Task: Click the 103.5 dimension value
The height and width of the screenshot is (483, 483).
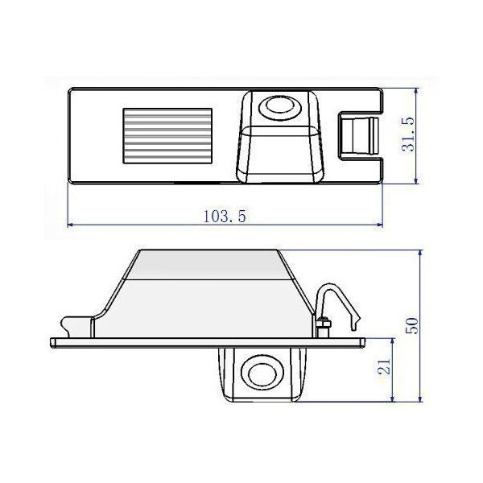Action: (225, 216)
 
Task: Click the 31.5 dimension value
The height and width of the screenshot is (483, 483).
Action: (408, 134)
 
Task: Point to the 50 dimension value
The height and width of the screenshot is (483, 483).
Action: (411, 325)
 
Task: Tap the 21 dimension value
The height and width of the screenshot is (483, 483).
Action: (384, 366)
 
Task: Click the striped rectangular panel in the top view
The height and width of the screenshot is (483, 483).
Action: (167, 136)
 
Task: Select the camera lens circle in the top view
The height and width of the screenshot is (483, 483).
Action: (279, 105)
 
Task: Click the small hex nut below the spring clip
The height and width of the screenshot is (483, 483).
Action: (323, 324)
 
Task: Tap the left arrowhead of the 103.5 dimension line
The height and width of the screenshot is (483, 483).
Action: (70, 225)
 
